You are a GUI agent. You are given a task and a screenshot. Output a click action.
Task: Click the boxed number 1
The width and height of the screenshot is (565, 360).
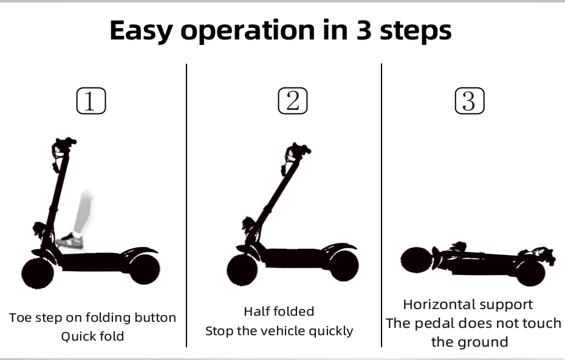click(91, 101)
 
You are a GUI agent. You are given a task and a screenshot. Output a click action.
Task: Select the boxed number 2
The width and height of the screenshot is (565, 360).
click(293, 101)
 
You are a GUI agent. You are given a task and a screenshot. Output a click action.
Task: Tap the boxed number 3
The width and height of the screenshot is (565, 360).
click(469, 101)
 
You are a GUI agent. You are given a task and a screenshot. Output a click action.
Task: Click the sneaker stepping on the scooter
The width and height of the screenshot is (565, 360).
click(70, 241)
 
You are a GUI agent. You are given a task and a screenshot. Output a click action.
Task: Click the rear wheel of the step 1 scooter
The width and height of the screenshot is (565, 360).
click(145, 268)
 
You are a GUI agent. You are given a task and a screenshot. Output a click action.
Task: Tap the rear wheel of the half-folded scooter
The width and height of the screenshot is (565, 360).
click(343, 265)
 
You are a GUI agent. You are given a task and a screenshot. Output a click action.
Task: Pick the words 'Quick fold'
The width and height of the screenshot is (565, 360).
click(92, 336)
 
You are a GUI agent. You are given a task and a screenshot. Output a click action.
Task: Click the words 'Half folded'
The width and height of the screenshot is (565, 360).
click(279, 311)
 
